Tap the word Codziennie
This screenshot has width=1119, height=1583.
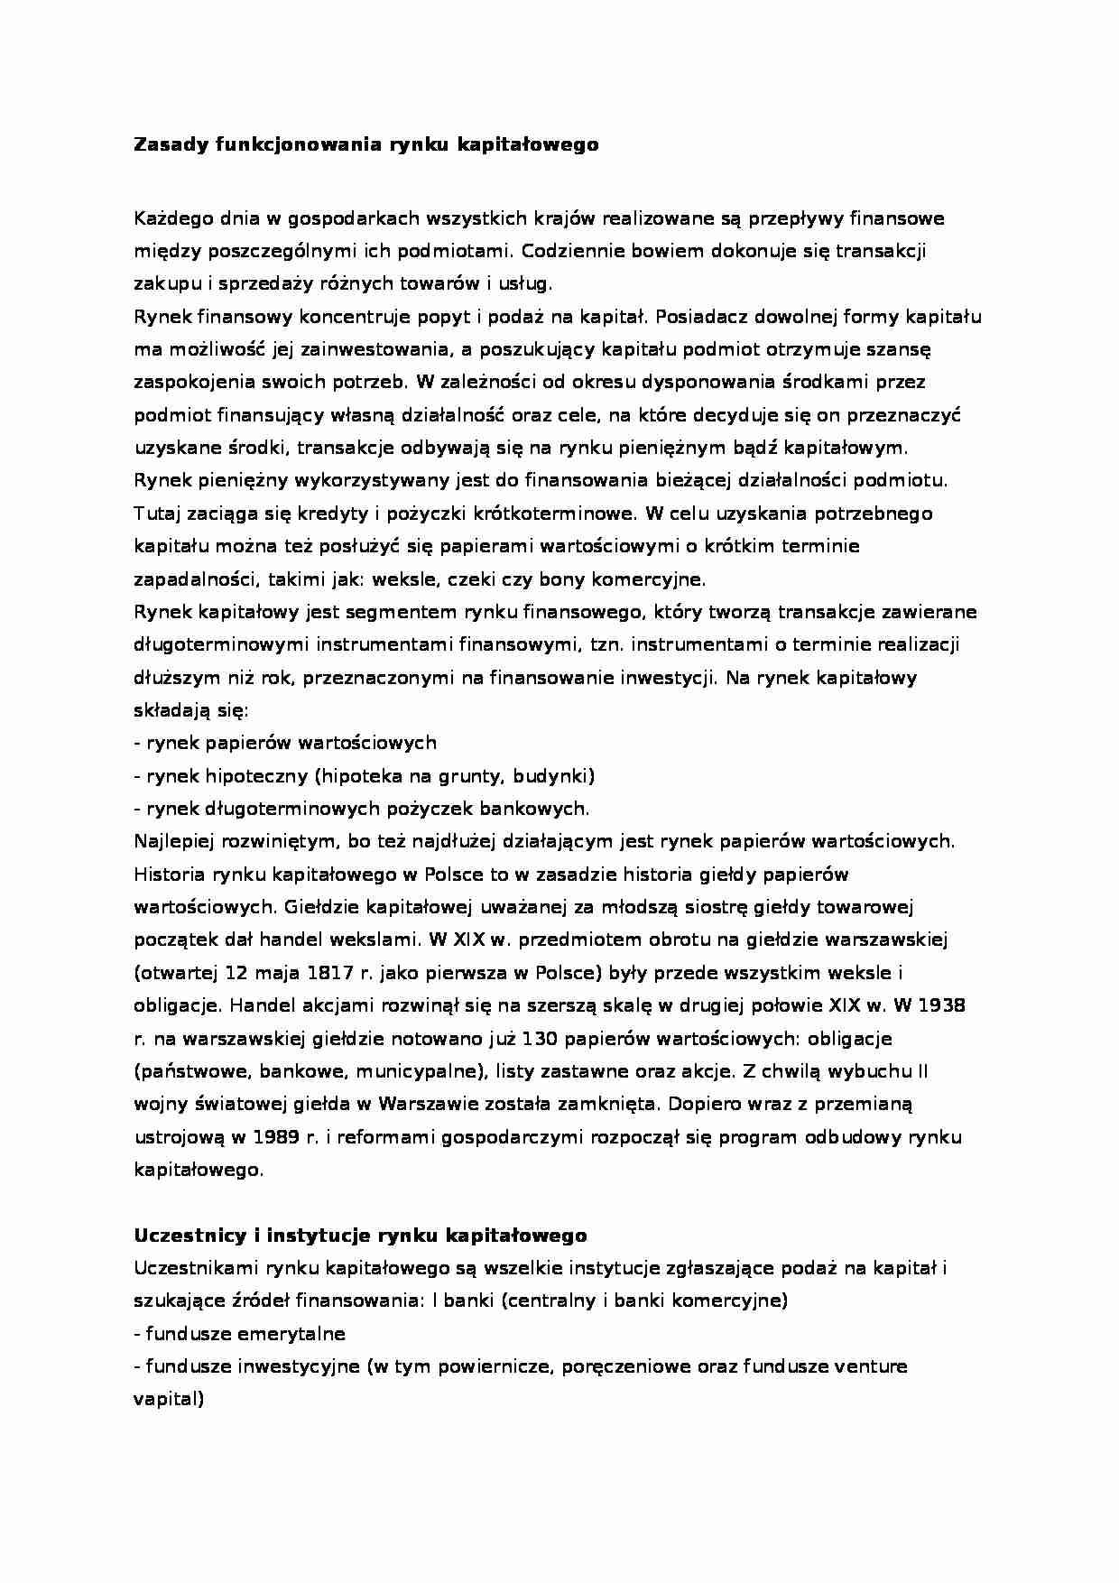tap(569, 251)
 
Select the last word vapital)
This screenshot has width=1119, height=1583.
tap(169, 1399)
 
